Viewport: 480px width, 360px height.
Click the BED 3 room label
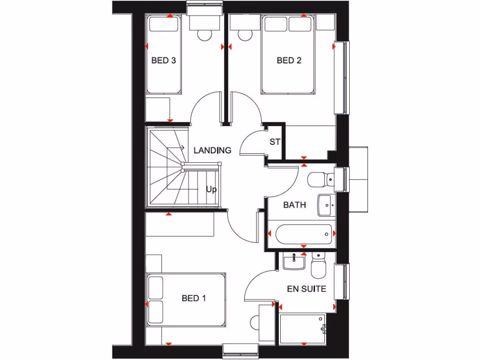[x=164, y=60]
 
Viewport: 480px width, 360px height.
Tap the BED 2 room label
[x=289, y=60]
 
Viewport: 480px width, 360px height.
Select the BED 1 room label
[x=194, y=298]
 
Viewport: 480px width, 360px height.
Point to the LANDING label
[x=212, y=150]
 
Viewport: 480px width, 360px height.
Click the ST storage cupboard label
[x=275, y=142]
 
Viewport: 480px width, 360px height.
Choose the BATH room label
[x=294, y=205]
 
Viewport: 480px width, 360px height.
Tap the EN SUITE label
[x=307, y=289]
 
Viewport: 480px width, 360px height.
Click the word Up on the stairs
[x=211, y=190]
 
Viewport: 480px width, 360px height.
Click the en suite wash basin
[x=294, y=261]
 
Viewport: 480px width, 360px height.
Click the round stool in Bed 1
[x=256, y=323]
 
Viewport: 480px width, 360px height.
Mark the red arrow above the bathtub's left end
[x=269, y=233]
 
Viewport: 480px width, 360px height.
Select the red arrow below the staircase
[x=169, y=214]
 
